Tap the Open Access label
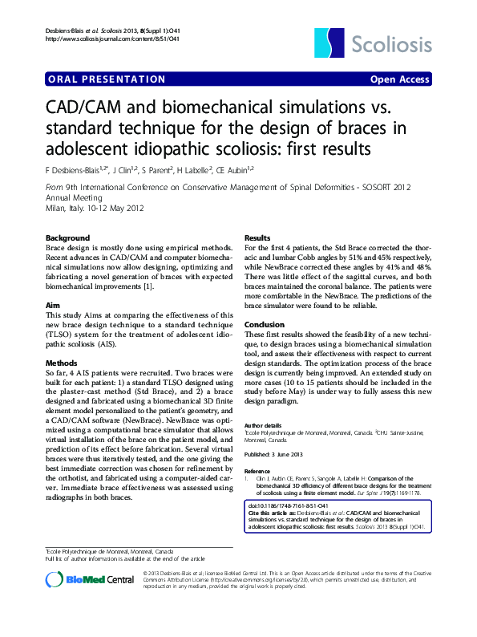399,79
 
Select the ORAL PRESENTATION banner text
107,79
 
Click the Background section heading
68,239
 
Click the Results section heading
257,239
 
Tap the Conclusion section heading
265,325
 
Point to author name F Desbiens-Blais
77,170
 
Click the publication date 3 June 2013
296,453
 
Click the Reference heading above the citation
258,471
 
